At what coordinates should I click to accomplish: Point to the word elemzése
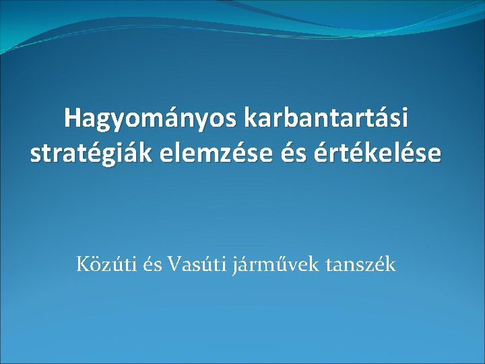click(207, 153)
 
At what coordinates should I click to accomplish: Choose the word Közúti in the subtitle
click(105, 265)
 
